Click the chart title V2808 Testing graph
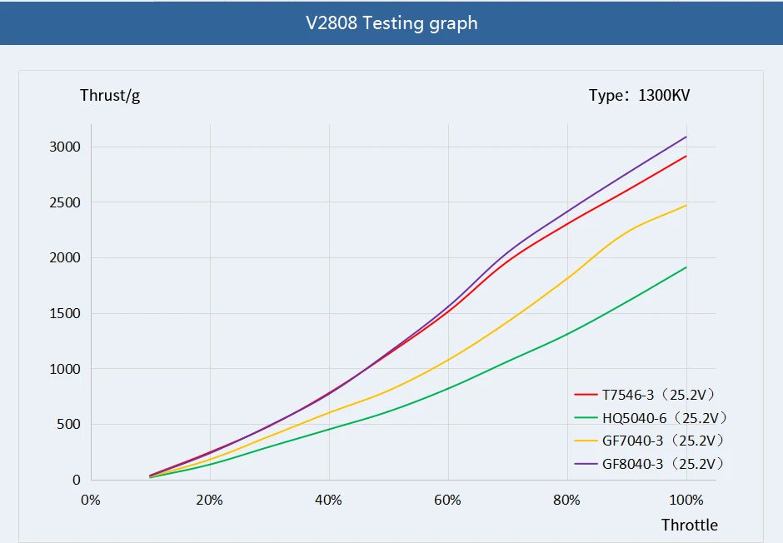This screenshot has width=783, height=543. click(391, 22)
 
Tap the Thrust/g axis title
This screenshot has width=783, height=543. click(110, 95)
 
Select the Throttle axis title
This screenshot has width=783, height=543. click(689, 525)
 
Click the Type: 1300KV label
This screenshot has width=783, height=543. click(639, 95)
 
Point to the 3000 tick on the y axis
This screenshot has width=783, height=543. click(64, 147)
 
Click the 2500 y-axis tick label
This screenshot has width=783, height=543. click(64, 202)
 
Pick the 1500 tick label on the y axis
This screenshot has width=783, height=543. click(64, 313)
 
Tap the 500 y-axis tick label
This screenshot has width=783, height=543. click(67, 424)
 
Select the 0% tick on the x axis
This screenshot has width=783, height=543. click(90, 500)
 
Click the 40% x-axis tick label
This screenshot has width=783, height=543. click(329, 500)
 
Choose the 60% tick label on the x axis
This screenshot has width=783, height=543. click(448, 500)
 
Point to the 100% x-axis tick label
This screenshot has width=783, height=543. click(686, 500)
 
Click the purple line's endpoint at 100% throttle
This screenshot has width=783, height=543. click(686, 137)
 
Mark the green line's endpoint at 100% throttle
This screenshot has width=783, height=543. click(686, 267)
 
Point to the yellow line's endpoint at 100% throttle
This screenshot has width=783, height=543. click(686, 205)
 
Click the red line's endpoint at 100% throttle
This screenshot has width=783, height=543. click(686, 156)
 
